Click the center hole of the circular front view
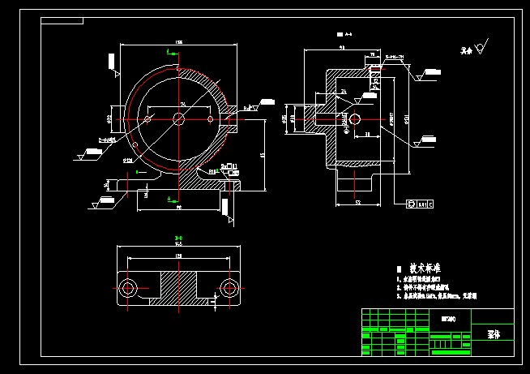click(x=179, y=118)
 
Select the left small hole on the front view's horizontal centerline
click(x=147, y=118)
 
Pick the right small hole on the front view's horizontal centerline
click(x=212, y=118)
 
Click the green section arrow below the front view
click(x=169, y=198)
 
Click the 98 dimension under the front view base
click(x=178, y=208)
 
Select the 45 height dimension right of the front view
click(x=262, y=154)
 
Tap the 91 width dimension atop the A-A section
click(x=341, y=49)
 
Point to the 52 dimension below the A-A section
click(x=357, y=203)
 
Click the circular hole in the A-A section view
click(x=354, y=119)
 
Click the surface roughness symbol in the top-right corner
click(x=480, y=49)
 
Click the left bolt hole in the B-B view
click(x=128, y=288)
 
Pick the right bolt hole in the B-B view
click(x=228, y=288)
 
